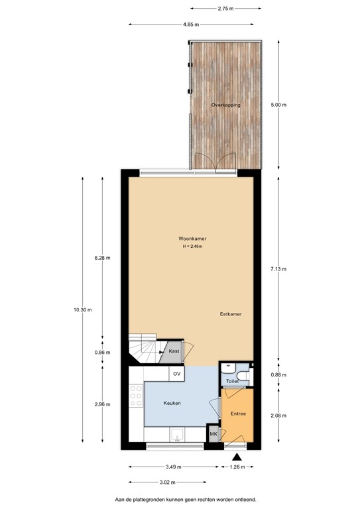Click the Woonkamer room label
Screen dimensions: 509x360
[x=191, y=239]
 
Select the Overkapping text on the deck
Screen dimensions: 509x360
[x=225, y=105]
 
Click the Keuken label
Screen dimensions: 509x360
[x=172, y=403]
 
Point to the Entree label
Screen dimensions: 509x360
[x=239, y=414]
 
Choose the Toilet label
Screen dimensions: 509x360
[x=231, y=382]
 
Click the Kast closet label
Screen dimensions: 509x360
[x=174, y=351]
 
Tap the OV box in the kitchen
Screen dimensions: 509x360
[x=177, y=374]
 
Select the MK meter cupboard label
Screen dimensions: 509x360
[x=213, y=434]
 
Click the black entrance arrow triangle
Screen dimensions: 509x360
[x=237, y=456]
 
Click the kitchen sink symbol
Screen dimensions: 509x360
[x=177, y=435]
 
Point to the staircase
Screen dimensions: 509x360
[x=143, y=349]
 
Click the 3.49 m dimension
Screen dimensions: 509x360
[x=174, y=467]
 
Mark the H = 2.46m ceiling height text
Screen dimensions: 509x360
[x=192, y=247]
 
